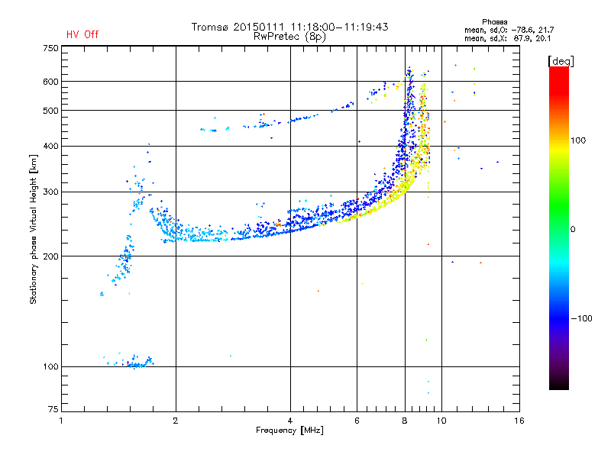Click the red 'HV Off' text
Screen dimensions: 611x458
[82, 34]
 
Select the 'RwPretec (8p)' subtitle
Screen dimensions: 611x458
[289, 37]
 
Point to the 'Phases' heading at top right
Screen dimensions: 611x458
[494, 22]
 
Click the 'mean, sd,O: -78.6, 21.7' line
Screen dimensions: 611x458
[509, 30]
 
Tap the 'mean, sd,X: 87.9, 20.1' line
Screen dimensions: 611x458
[508, 38]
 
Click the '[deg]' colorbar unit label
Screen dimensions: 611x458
[561, 61]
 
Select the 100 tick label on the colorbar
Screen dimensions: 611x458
[578, 140]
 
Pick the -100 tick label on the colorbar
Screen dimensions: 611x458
[581, 318]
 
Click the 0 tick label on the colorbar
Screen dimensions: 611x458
[573, 229]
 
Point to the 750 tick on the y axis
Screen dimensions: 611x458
[50, 48]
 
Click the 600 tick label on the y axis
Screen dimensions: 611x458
[50, 82]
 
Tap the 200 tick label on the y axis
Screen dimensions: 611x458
[50, 256]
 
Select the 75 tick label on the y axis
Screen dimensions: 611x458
[53, 409]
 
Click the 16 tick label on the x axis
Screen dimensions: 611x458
[519, 421]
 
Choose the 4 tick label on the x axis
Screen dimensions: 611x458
[290, 421]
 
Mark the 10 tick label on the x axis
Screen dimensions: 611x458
[441, 421]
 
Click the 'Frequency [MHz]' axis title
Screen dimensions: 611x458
[289, 431]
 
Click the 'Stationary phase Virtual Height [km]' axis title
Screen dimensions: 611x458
[34, 229]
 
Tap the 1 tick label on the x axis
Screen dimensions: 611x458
[61, 421]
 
